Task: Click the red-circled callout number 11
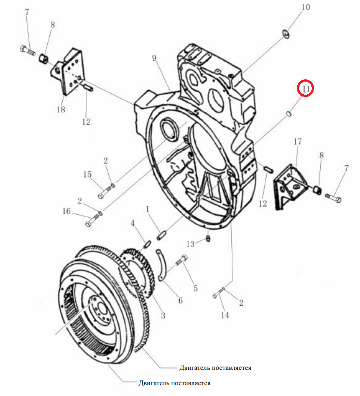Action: (305, 89)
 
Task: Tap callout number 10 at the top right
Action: (306, 7)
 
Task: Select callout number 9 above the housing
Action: (154, 58)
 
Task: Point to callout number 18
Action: (61, 109)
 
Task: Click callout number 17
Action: (298, 142)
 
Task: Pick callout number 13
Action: (190, 244)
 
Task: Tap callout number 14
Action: (225, 315)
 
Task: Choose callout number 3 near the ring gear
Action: (163, 315)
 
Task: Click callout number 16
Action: (66, 211)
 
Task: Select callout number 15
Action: (88, 174)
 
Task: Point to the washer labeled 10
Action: (286, 34)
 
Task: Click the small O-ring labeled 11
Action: (289, 113)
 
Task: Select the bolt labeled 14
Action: (218, 293)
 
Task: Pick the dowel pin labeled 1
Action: (161, 235)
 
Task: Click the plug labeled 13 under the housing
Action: (208, 238)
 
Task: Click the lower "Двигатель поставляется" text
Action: (175, 383)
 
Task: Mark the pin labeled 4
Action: (147, 244)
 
